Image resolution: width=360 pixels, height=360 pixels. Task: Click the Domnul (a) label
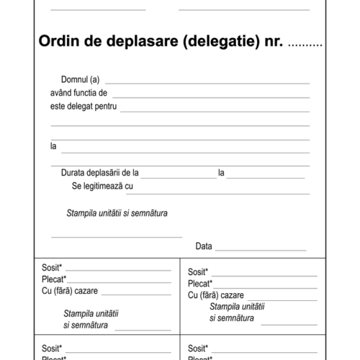81,79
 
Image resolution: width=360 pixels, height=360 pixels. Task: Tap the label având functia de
79,93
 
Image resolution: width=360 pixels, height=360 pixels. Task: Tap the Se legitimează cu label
103,186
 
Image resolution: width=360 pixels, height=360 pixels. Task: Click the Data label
204,246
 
